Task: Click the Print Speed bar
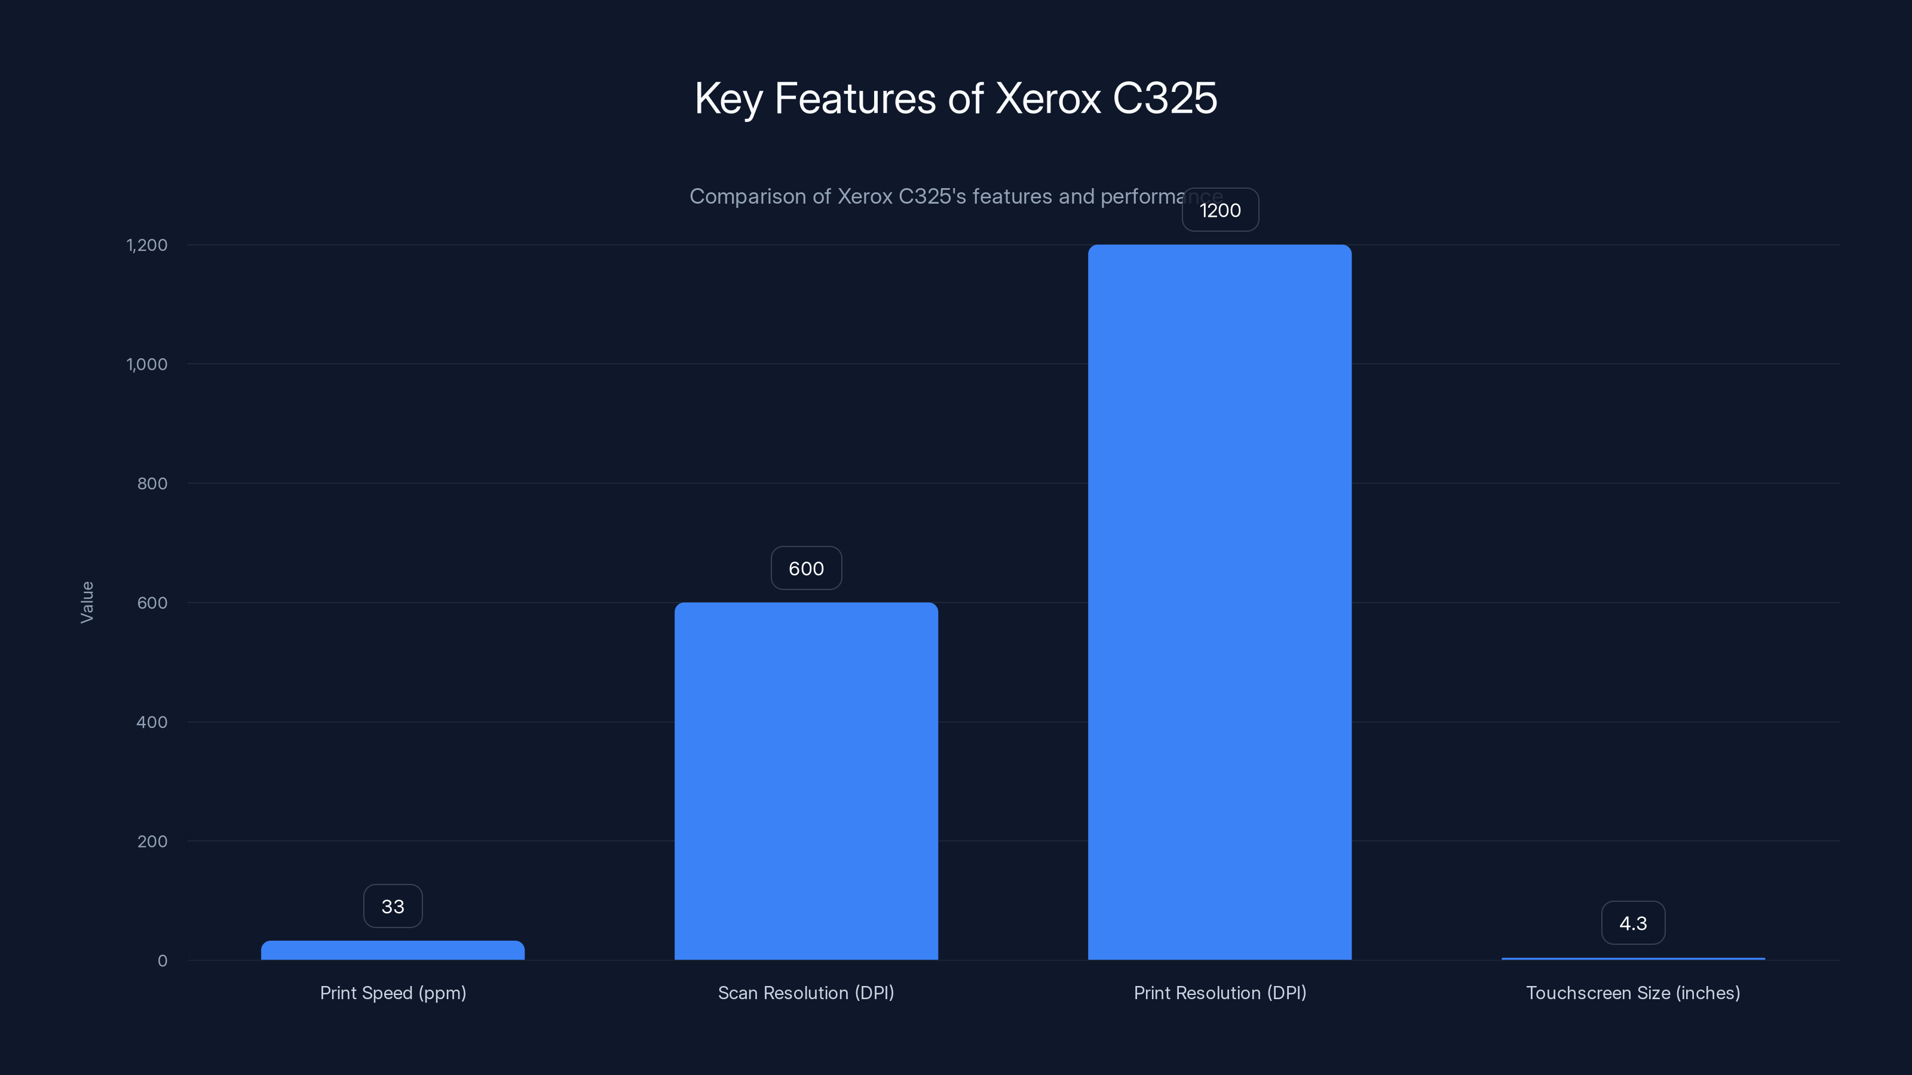(x=393, y=950)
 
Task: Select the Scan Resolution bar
(x=806, y=781)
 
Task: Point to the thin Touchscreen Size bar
(x=1633, y=959)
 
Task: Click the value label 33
(x=393, y=906)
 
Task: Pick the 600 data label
(x=806, y=569)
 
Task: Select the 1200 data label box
(x=1220, y=210)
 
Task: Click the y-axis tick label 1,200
(x=147, y=245)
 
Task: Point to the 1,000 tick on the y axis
(x=147, y=364)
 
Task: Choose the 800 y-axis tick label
(x=152, y=484)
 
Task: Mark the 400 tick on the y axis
(x=152, y=722)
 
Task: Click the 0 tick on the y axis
(x=163, y=961)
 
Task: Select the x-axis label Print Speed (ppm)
(x=393, y=993)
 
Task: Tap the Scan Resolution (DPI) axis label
(x=806, y=993)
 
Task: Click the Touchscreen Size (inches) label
(x=1633, y=993)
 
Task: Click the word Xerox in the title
(x=1047, y=98)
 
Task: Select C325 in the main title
(x=1165, y=98)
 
